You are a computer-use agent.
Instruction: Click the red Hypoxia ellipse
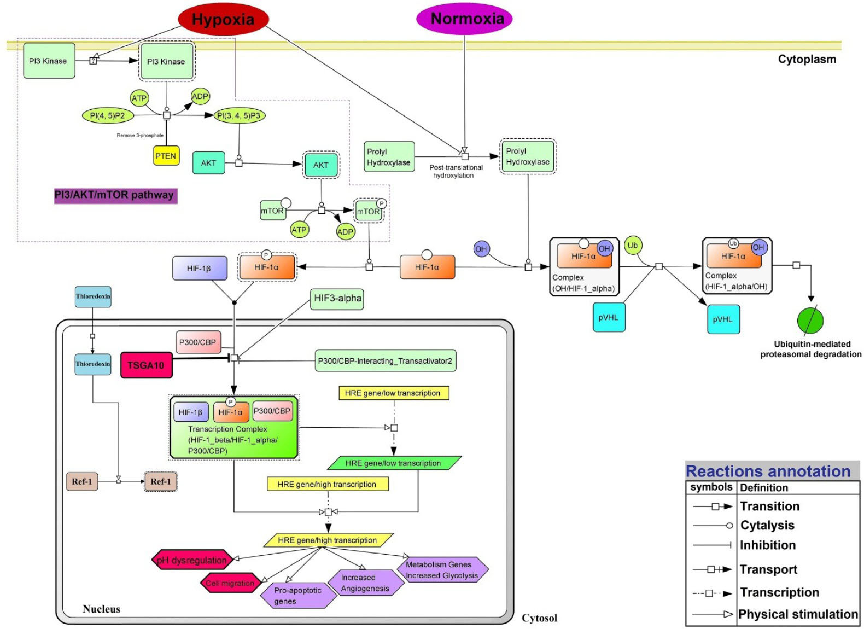click(223, 20)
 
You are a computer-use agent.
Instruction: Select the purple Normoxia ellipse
click(464, 19)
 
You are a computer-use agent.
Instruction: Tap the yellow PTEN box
click(166, 156)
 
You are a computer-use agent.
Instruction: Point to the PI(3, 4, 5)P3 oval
click(239, 115)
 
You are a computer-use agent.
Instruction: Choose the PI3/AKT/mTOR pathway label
click(115, 195)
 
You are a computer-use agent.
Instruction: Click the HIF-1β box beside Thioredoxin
click(199, 268)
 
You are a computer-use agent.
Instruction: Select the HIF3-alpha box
click(337, 299)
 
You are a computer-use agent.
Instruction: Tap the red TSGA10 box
click(146, 365)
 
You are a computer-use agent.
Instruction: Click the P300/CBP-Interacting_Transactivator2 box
click(386, 361)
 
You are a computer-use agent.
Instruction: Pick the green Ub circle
click(633, 246)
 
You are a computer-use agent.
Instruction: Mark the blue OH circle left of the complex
click(481, 249)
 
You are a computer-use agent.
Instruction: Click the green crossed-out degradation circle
click(810, 321)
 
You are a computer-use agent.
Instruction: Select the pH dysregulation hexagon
click(192, 560)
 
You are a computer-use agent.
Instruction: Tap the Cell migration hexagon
click(230, 583)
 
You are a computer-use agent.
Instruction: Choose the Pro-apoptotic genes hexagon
click(297, 596)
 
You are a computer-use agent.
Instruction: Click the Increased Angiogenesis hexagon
click(365, 583)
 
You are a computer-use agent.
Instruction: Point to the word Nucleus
click(102, 609)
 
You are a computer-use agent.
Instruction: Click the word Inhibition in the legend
click(767, 545)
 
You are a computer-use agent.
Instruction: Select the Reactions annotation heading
click(768, 471)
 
